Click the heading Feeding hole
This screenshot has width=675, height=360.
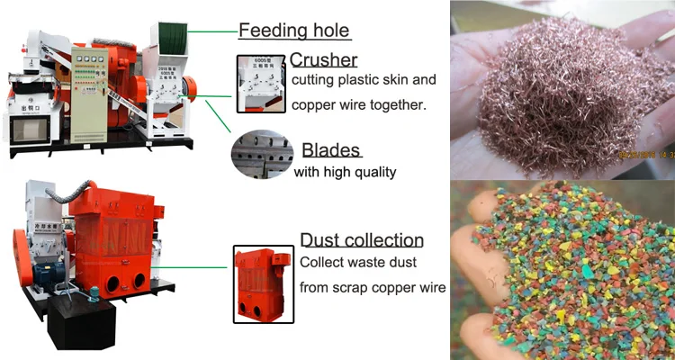tap(293, 31)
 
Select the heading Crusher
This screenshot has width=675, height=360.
tap(324, 60)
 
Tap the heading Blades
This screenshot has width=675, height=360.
tap(331, 149)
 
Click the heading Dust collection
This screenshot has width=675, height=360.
tap(361, 239)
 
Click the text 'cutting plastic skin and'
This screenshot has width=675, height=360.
tap(364, 81)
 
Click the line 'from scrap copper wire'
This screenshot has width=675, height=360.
tap(372, 288)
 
